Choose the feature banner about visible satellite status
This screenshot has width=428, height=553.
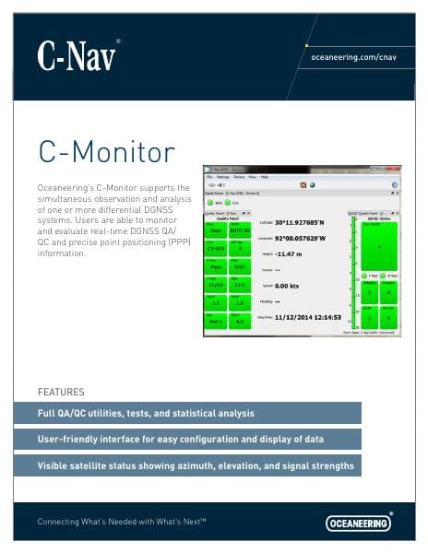196,466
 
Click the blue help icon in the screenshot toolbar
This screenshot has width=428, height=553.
313,184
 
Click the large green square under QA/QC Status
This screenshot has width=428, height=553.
377,246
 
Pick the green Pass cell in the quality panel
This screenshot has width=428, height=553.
216,266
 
